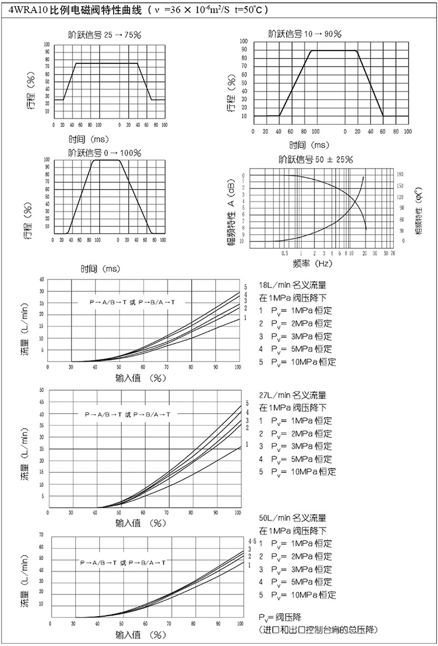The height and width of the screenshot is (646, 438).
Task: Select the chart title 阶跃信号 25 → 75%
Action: [x=105, y=34]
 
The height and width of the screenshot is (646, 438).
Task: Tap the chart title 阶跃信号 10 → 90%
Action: [x=304, y=34]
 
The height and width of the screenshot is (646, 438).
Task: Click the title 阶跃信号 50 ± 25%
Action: [x=316, y=160]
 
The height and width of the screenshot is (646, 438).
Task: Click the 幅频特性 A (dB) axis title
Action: [x=231, y=210]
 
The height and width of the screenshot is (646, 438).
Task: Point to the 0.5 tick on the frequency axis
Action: [x=284, y=253]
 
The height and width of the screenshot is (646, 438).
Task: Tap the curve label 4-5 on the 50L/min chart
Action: [x=252, y=541]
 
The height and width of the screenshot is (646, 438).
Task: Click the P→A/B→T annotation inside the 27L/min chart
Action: [x=128, y=414]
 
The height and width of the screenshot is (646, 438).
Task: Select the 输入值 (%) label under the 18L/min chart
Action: [x=141, y=379]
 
